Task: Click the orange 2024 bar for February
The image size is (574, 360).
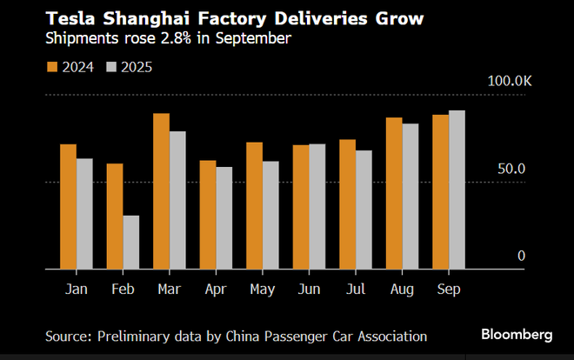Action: (115, 217)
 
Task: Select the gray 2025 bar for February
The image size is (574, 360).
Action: (131, 243)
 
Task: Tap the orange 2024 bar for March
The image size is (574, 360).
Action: (161, 191)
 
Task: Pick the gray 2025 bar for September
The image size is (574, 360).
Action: (457, 190)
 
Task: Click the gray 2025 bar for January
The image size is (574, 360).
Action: (84, 214)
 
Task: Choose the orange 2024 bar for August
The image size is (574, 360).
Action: (394, 193)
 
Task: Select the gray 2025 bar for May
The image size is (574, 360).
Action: (270, 215)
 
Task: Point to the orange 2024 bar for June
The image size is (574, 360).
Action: (301, 207)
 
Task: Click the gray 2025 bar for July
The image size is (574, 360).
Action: (364, 210)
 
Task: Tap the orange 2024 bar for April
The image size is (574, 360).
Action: (208, 215)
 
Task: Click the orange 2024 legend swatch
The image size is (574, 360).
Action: (51, 67)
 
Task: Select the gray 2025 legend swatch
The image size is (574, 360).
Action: (111, 67)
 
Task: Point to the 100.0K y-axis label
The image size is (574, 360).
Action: (509, 81)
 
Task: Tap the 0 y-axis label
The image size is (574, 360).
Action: (522, 256)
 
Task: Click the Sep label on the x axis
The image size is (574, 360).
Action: (449, 288)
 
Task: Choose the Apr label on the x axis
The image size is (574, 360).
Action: (216, 288)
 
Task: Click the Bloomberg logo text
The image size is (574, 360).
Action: (517, 335)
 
